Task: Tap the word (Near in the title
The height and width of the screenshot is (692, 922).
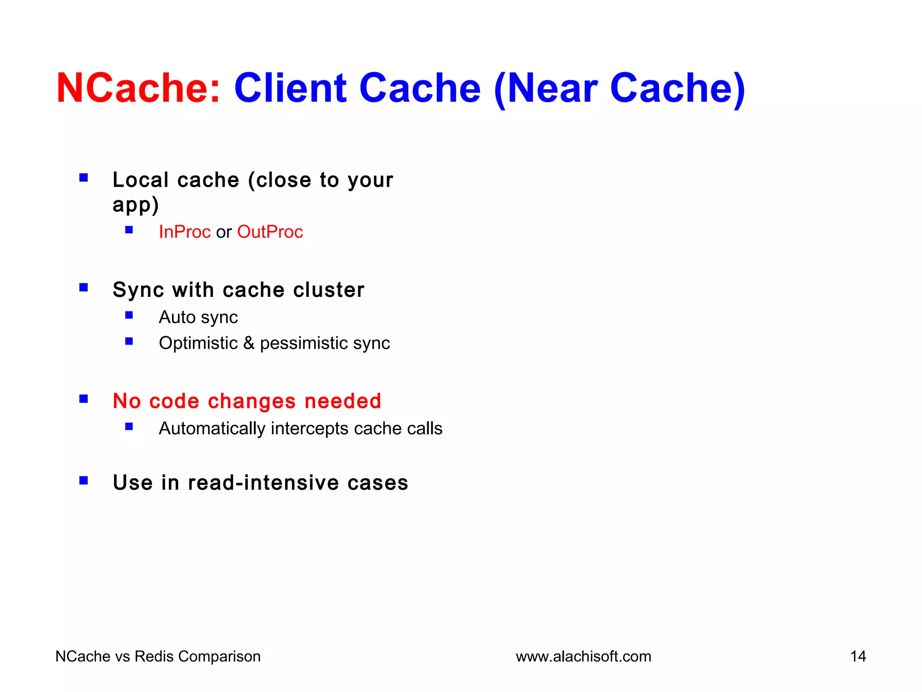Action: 546,89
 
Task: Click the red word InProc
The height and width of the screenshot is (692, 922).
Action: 185,232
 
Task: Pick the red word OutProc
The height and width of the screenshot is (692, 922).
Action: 270,232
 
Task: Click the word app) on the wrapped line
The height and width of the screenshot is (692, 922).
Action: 136,205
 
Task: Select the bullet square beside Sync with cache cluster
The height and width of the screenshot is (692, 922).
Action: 84,287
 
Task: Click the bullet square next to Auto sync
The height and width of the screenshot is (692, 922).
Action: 129,315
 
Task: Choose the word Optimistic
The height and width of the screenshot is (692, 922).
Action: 198,343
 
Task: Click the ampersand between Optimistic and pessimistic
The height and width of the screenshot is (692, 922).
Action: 249,343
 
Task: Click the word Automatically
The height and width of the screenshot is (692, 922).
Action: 212,428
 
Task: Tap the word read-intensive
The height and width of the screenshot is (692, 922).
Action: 263,483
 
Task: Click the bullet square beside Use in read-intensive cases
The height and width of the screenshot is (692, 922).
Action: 84,481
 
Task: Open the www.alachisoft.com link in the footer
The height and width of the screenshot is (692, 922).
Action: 583,657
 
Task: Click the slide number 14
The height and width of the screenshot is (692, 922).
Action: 858,657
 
